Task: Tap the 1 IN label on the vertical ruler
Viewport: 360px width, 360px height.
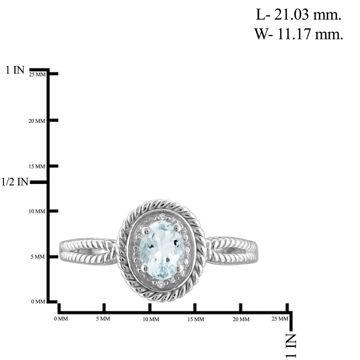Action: click(x=15, y=70)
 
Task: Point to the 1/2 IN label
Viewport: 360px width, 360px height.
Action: click(x=15, y=182)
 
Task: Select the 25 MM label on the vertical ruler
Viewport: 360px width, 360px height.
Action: click(x=37, y=75)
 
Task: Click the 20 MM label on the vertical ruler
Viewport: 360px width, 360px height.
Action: click(x=37, y=121)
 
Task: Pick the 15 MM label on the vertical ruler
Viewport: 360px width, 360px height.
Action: click(x=37, y=166)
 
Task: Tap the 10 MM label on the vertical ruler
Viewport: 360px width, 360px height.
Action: click(x=37, y=211)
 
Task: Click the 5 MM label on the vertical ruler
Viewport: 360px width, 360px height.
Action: click(x=38, y=257)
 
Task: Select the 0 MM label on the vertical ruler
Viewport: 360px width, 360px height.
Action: click(x=38, y=301)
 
